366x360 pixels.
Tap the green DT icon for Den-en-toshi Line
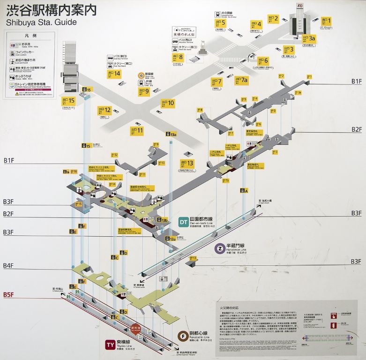point(184,222)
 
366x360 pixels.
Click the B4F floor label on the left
point(8,266)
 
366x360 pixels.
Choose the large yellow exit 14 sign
point(114,73)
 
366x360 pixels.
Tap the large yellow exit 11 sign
point(137,130)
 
